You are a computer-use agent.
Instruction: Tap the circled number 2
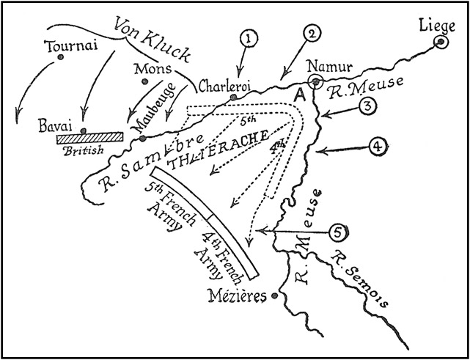click(x=311, y=33)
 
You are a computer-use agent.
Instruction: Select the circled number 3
click(x=367, y=106)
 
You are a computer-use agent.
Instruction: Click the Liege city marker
click(x=441, y=42)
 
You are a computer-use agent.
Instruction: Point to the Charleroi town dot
click(x=233, y=98)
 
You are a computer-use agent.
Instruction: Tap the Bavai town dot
click(x=84, y=131)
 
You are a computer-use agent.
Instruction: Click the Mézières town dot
click(x=274, y=297)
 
